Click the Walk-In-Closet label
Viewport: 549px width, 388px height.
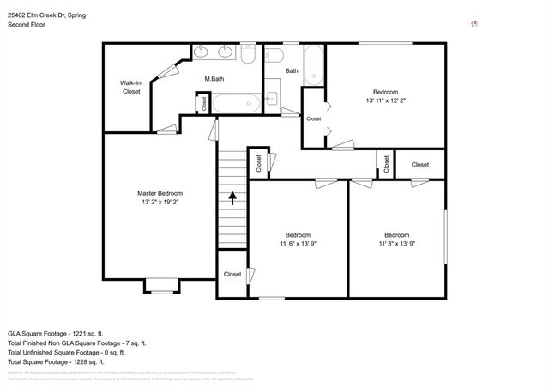[x=131, y=87]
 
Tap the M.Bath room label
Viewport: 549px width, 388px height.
[x=214, y=80]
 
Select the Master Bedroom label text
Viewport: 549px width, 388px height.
[x=160, y=193]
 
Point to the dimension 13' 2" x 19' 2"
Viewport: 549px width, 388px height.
[x=160, y=203]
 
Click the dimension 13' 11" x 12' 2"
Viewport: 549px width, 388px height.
[x=385, y=100]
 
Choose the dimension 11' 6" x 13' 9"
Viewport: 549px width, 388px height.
[x=298, y=245]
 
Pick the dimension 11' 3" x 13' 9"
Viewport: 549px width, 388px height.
[x=395, y=245]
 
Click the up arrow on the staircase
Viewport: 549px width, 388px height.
[x=232, y=198]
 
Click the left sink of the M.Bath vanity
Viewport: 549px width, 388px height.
[x=202, y=52]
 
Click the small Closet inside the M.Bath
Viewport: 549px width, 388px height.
[x=203, y=104]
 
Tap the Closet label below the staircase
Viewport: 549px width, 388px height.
[x=232, y=275]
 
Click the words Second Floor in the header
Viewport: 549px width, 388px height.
[x=27, y=25]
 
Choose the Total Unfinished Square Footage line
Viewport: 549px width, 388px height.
[x=66, y=352]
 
